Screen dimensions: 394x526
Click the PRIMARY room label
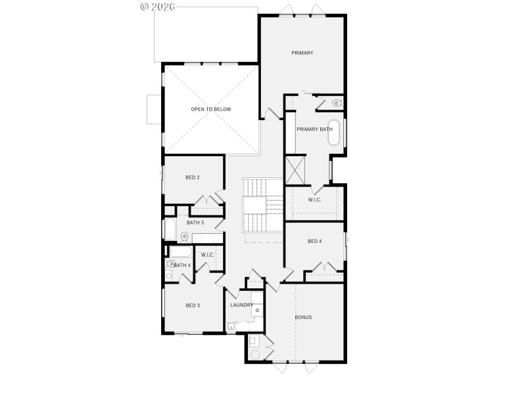click(x=302, y=53)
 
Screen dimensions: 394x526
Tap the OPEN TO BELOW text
click(x=211, y=109)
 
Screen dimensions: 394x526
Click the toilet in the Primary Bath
click(x=335, y=102)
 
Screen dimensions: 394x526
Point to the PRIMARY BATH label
click(x=314, y=129)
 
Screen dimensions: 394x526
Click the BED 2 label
click(x=193, y=177)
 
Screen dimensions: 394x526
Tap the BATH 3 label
click(x=195, y=223)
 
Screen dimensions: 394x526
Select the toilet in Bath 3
click(x=184, y=236)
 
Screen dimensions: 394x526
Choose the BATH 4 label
click(x=182, y=265)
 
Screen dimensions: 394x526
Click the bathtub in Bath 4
click(x=180, y=252)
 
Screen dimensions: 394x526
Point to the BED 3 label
click(x=193, y=305)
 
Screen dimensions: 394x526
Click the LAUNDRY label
click(x=241, y=305)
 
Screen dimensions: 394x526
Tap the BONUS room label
click(x=303, y=317)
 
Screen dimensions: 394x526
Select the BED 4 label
click(x=315, y=241)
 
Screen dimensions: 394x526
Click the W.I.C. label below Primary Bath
click(x=314, y=200)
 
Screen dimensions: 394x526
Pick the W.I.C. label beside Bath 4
click(x=207, y=255)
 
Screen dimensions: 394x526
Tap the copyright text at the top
click(x=158, y=7)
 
